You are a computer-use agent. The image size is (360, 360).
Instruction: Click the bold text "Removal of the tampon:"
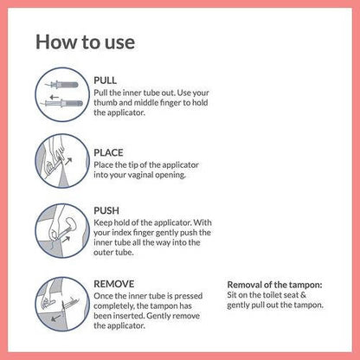tap(274, 284)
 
